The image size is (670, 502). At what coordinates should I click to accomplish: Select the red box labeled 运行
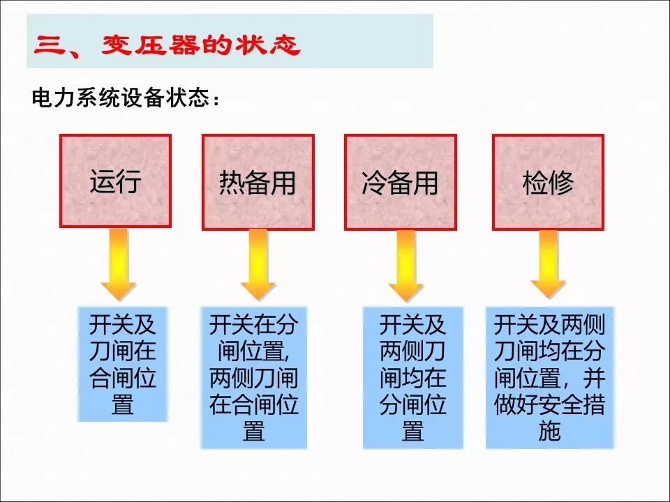pyautogui.click(x=116, y=181)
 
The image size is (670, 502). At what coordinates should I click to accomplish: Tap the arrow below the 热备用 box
pyautogui.click(x=258, y=266)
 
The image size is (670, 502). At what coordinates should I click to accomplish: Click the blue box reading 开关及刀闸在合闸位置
pyautogui.click(x=123, y=364)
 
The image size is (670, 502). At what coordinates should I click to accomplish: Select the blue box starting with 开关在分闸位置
pyautogui.click(x=254, y=376)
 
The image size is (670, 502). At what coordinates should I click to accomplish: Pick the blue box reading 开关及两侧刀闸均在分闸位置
pyautogui.click(x=412, y=376)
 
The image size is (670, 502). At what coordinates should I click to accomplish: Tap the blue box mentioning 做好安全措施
pyautogui.click(x=550, y=376)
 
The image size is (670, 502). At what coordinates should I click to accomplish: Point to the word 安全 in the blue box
pyautogui.click(x=550, y=405)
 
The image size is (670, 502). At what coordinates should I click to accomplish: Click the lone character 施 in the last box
pyautogui.click(x=550, y=432)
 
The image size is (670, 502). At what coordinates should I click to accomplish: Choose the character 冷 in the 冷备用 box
pyautogui.click(x=374, y=183)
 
